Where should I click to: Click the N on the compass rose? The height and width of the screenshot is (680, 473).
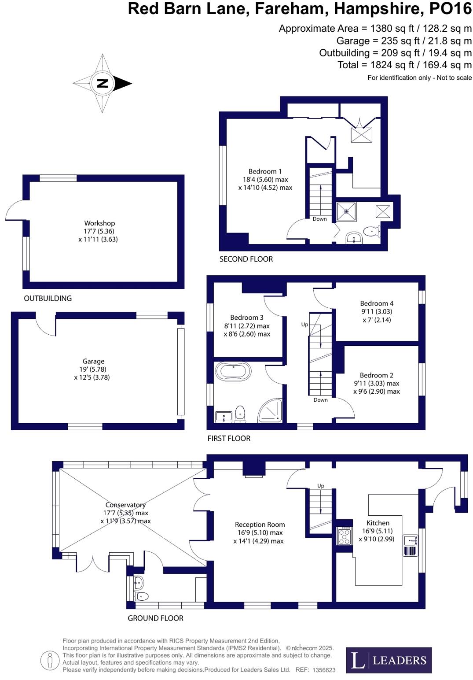click(x=102, y=83)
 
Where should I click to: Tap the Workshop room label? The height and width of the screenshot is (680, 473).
click(x=99, y=223)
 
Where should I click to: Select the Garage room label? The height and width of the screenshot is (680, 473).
click(x=93, y=361)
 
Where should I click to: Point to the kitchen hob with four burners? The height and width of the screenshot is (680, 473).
click(x=344, y=536)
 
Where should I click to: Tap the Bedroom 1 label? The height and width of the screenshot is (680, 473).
click(x=265, y=171)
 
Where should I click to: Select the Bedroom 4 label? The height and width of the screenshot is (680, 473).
click(x=377, y=303)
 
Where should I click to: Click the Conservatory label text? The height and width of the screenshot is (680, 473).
click(x=125, y=505)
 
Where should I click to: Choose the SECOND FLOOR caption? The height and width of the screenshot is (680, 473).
click(x=246, y=259)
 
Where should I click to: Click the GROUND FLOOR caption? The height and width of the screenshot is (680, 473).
click(x=155, y=618)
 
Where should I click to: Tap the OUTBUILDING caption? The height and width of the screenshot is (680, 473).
click(x=48, y=298)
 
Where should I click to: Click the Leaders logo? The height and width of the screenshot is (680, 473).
click(x=389, y=660)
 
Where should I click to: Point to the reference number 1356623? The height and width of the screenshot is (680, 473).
click(x=324, y=670)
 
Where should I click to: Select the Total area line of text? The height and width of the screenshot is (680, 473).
click(x=404, y=65)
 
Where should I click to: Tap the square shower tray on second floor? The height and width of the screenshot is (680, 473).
click(x=347, y=212)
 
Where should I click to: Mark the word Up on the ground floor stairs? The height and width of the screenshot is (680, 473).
click(x=321, y=486)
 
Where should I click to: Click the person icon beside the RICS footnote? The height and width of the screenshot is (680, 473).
click(x=50, y=660)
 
